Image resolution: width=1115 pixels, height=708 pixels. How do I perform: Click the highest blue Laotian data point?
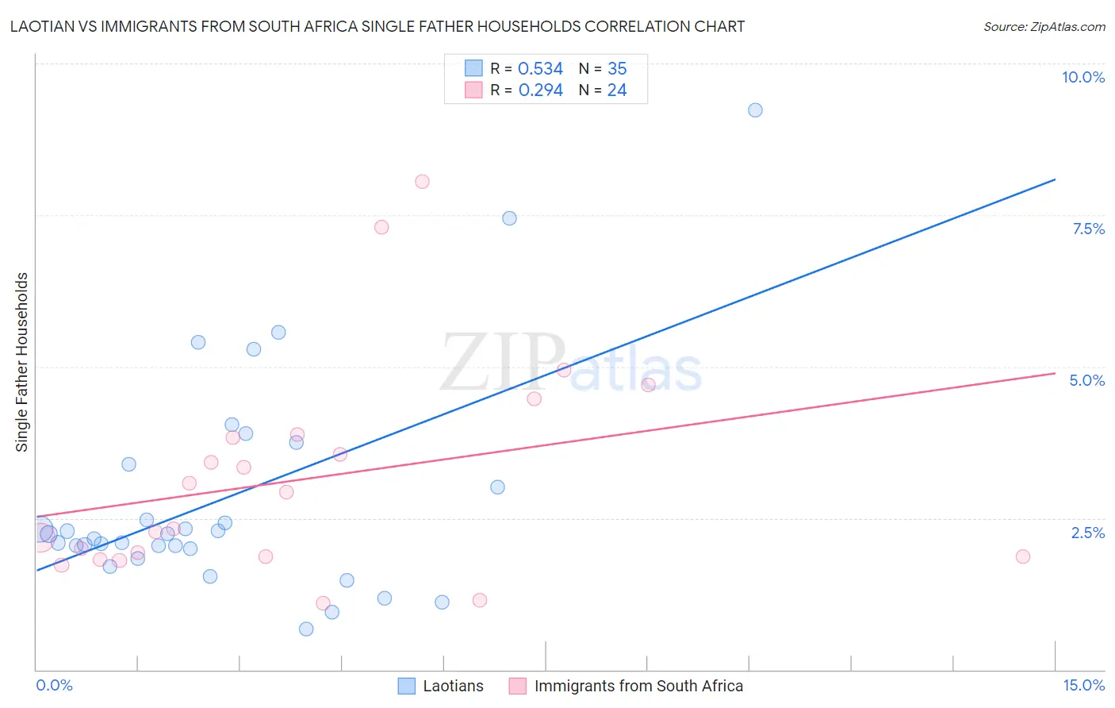[755, 110]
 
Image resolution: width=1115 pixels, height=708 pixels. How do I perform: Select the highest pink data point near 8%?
[422, 182]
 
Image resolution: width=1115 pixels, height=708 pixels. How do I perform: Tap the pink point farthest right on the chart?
[1022, 556]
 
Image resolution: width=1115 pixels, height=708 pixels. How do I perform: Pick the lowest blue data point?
[306, 629]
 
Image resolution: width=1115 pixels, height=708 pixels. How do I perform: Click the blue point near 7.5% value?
[509, 218]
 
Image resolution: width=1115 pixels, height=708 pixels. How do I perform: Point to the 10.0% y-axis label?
[1082, 77]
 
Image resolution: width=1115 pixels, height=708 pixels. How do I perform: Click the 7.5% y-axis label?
[1088, 229]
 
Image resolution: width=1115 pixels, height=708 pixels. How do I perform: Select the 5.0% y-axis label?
[1086, 380]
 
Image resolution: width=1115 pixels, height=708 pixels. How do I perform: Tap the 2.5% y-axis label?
[1087, 533]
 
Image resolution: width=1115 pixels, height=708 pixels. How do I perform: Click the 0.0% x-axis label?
[54, 685]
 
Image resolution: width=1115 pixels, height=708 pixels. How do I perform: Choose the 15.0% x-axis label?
[1083, 685]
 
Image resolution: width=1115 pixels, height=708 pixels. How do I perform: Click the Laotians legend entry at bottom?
[452, 686]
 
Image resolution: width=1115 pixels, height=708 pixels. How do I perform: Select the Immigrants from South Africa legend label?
[638, 686]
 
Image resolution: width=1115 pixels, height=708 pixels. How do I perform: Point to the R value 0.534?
[540, 69]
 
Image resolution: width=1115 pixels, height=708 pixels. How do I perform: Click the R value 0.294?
[540, 90]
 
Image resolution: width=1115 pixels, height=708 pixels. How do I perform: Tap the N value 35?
[617, 69]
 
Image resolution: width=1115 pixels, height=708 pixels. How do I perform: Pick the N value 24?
[617, 90]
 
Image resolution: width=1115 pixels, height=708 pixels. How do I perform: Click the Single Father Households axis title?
[21, 362]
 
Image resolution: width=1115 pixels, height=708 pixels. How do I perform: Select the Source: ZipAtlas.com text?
[1044, 27]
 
